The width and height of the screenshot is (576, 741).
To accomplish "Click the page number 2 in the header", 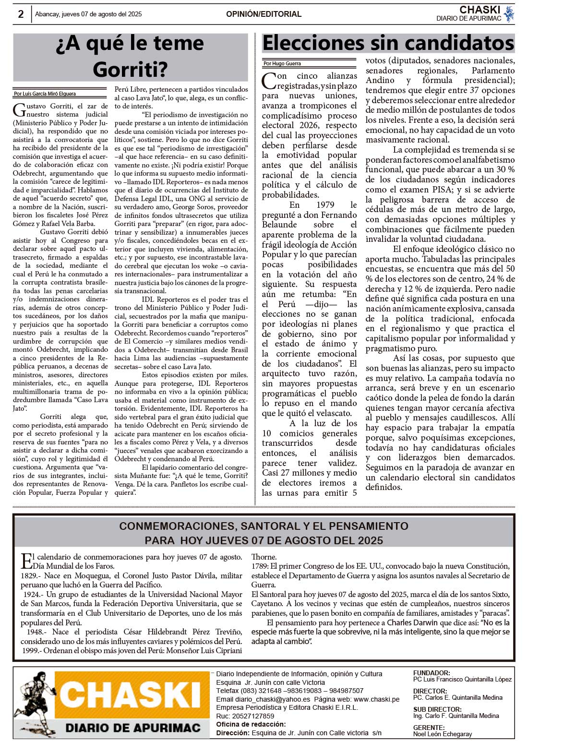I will coord(21,14).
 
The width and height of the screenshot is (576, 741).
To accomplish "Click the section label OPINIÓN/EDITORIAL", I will coord(264,14).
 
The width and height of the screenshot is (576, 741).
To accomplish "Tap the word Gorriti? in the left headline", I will coord(130,69).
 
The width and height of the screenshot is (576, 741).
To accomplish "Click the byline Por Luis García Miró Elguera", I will coord(45,94).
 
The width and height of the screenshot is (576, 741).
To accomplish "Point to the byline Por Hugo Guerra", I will coord(282,63).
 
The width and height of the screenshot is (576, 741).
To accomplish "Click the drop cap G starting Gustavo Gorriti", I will coord(19,110).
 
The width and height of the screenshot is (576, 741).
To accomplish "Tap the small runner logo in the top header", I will coord(509,14).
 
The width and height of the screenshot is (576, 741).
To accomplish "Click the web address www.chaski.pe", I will coord(376,699).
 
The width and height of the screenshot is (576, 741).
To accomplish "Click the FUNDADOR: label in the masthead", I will coord(432,673).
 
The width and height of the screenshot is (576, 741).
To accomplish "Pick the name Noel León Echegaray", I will coord(442,734).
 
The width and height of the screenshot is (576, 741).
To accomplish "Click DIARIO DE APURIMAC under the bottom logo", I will coord(132,728).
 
